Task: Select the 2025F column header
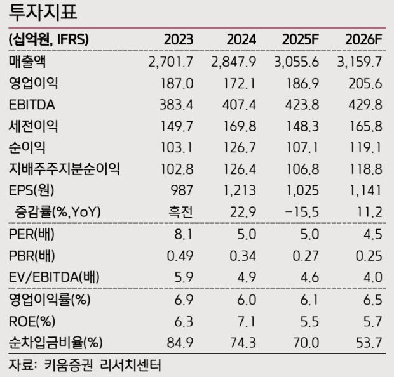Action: point(301,39)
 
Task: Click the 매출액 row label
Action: point(28,62)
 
